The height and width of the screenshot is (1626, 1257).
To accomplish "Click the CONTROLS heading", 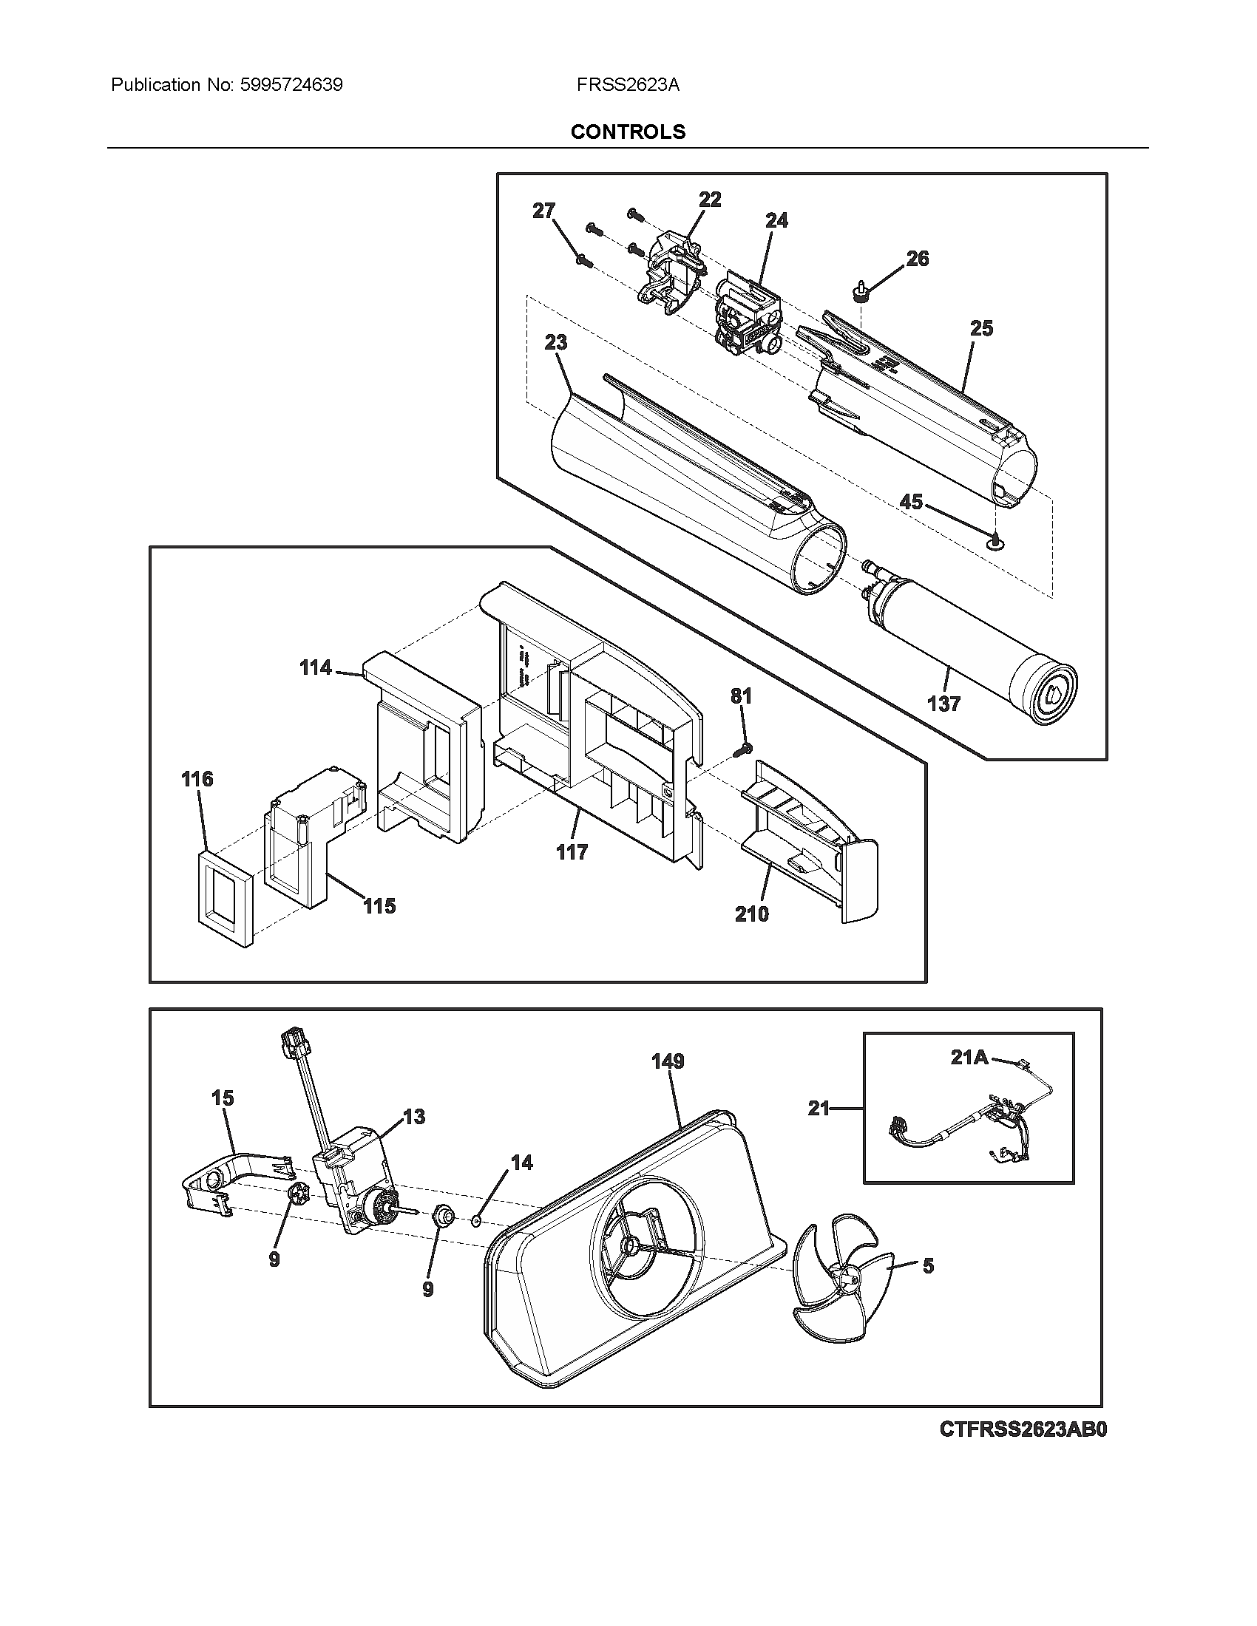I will pos(628,132).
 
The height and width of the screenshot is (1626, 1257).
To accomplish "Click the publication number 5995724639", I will pos(291,85).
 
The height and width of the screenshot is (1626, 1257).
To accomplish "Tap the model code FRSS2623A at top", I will pos(628,85).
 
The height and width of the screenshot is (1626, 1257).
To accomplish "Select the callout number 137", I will pos(943,703).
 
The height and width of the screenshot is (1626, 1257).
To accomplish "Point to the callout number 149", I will pos(667,1061).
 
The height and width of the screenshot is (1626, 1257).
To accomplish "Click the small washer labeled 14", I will pos(475,1221).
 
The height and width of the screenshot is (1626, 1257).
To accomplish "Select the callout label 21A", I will pos(969,1057).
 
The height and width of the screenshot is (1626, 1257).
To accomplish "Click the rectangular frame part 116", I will pos(226,899).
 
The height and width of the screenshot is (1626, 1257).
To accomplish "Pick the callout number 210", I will pos(751,914).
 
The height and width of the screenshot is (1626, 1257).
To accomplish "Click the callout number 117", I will pos(571,852).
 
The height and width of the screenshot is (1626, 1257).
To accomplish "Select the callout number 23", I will pos(555,342).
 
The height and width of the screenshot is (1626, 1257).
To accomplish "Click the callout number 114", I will pos(315,668).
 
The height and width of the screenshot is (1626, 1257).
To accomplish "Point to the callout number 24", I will pos(776,220).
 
